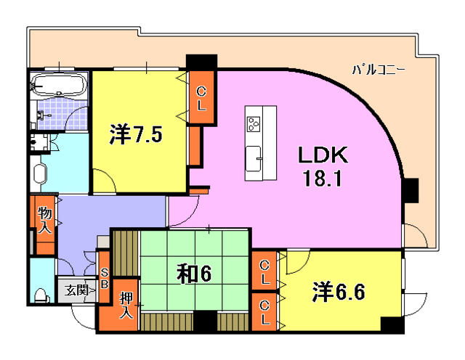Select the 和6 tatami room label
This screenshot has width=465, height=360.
194,273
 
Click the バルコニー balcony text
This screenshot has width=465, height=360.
379,70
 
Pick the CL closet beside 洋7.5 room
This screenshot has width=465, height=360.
201,97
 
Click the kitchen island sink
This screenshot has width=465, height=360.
254,157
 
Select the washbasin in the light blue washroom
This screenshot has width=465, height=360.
39,174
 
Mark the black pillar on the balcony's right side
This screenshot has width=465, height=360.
411,189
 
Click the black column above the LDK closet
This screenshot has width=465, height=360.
201,62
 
